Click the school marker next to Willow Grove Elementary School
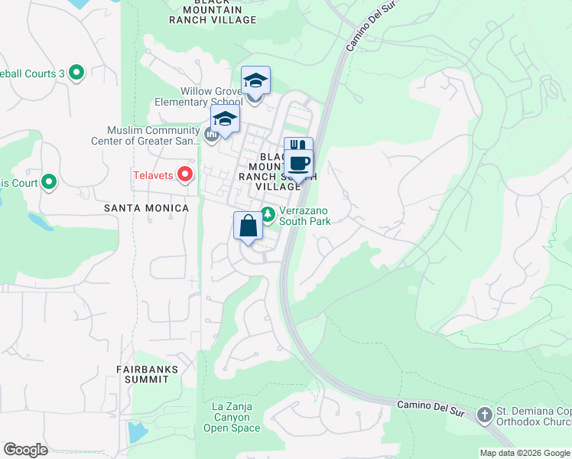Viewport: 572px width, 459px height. (x=255, y=82)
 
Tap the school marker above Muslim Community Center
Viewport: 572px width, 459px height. (x=225, y=119)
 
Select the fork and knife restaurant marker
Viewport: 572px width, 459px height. (x=298, y=148)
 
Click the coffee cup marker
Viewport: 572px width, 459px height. (x=300, y=164)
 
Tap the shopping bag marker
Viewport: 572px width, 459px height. (x=248, y=226)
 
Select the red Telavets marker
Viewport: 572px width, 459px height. (x=185, y=175)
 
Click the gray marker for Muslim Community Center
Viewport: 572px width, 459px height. (x=212, y=135)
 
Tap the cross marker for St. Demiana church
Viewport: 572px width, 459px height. (x=483, y=415)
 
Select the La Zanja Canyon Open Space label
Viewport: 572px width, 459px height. (x=231, y=417)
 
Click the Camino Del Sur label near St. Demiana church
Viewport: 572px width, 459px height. (x=432, y=405)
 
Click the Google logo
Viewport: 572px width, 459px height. (x=25, y=450)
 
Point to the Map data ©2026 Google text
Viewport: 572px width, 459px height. (x=525, y=453)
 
